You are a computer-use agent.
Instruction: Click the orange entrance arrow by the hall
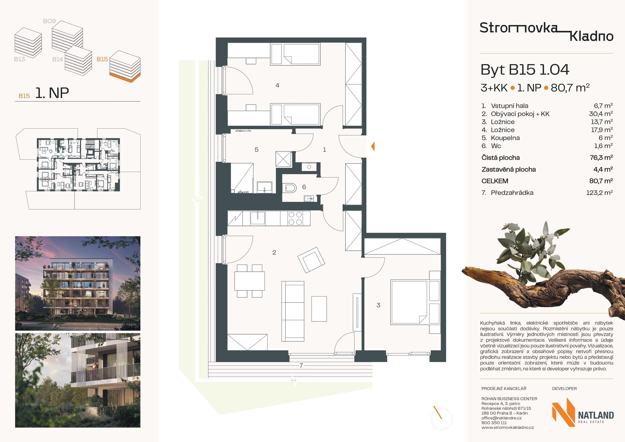373,146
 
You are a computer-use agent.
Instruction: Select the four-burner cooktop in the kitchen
295,218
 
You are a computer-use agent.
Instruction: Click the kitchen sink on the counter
257,218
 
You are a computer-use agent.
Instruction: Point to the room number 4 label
277,85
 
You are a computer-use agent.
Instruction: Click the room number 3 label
378,305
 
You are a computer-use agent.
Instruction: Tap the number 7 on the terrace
301,366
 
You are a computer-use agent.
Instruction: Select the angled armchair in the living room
311,260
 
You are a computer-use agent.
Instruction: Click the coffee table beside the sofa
319,309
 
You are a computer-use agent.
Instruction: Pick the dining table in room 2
250,281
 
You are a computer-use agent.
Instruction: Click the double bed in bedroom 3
410,302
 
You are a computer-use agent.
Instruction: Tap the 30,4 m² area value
601,114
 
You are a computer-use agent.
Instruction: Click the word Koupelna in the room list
505,138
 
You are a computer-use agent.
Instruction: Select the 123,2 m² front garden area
599,192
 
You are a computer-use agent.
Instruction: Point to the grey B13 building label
20,59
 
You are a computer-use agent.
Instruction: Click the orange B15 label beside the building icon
102,59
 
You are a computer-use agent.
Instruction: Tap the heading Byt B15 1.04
525,70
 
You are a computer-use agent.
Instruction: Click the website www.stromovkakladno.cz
507,427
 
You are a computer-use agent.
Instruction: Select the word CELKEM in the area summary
495,181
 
